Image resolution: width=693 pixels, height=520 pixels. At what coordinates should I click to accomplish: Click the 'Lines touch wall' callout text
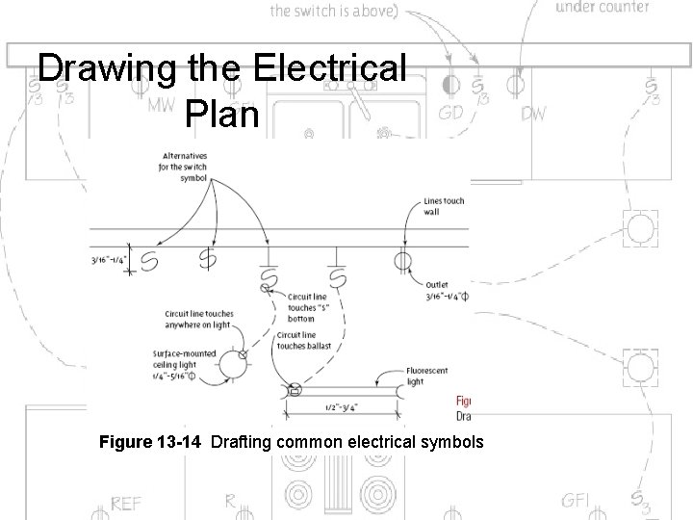coord(444,206)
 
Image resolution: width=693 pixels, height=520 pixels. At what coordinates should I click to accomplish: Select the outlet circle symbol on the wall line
coord(402,260)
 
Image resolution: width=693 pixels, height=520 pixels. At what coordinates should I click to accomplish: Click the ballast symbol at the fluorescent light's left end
coord(295,390)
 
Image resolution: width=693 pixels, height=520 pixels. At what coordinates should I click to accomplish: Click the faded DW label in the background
coord(533,115)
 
